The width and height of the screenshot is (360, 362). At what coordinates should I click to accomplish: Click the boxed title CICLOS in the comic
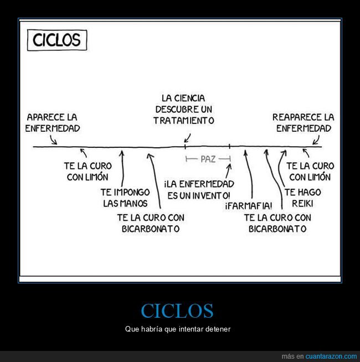(x=57, y=40)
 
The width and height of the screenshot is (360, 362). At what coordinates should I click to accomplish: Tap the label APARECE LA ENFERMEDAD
(x=53, y=123)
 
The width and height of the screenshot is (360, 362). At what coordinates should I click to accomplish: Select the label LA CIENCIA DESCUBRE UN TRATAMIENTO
(x=184, y=109)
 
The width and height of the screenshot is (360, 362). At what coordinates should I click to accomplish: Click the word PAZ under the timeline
(x=208, y=159)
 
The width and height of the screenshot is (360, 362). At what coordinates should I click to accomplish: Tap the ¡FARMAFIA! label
(x=249, y=206)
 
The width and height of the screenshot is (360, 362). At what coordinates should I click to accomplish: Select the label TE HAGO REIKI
(x=302, y=198)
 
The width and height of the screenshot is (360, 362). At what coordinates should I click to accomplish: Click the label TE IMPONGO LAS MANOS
(x=125, y=198)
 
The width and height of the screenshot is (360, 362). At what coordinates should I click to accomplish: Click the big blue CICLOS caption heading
(x=177, y=311)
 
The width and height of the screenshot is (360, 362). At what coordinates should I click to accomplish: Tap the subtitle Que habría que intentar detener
(x=177, y=329)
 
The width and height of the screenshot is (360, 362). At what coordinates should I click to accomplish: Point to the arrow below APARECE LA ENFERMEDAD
(x=54, y=141)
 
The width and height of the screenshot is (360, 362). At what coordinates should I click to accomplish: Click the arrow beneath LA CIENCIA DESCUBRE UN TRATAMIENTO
(x=188, y=137)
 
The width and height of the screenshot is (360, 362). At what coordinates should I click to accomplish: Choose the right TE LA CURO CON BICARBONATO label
(x=277, y=223)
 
